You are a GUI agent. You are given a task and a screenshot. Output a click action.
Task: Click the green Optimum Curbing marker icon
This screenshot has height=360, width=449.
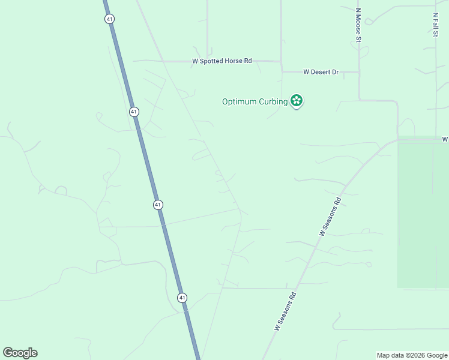coord(296,100)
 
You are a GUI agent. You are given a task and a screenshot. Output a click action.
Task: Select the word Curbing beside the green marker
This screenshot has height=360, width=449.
coord(274,101)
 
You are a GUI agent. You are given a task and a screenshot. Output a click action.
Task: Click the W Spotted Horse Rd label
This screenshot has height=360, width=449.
coord(221,61)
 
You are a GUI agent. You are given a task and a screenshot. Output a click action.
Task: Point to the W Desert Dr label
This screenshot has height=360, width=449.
coord(321,72)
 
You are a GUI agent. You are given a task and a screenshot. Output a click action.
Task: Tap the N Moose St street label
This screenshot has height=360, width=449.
coord(358,25)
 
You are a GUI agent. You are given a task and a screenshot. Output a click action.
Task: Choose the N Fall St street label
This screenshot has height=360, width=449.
coord(435,24)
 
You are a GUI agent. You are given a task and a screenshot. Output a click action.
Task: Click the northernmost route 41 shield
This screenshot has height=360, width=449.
coord(109,19)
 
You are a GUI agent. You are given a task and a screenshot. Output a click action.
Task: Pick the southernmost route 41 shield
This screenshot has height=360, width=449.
coord(182,298)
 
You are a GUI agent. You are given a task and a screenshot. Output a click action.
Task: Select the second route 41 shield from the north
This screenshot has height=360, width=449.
coord(133,112)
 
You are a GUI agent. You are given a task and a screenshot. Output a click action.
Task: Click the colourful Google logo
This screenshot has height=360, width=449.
coord(20,353)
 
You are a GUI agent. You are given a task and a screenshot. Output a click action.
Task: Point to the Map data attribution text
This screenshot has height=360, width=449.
coord(412,356)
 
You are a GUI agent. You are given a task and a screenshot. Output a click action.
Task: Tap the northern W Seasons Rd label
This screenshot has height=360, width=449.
coord(330,216)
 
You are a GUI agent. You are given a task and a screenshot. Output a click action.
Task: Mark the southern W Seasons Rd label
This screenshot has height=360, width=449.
coord(286,311)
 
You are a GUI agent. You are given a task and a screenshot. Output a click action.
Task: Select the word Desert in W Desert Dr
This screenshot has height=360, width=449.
coord(321,72)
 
